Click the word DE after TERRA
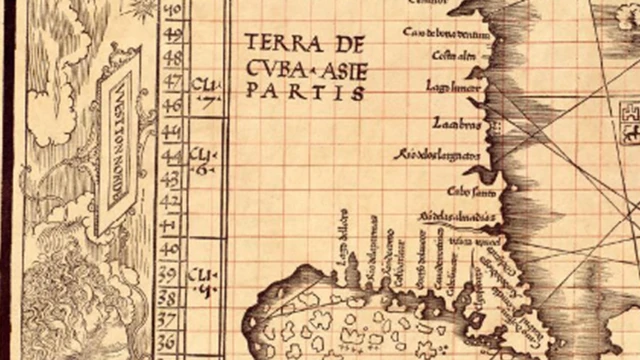pos(340,46)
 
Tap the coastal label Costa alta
pos(452,56)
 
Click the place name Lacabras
pos(457,125)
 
